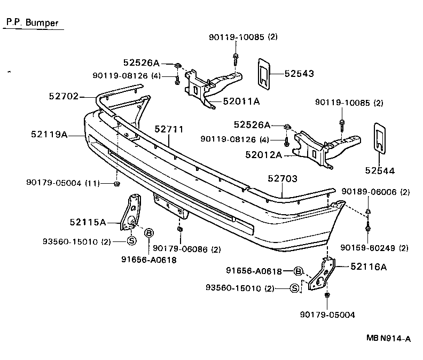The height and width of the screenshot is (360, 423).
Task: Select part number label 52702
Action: tap(63, 97)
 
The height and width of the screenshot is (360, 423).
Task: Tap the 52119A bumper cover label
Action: tap(49, 135)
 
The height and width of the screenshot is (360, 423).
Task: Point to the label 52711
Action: tap(169, 129)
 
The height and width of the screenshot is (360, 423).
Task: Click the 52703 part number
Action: tap(283, 179)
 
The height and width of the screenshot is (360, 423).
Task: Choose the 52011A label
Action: tap(241, 100)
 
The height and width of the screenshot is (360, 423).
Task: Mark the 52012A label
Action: tap(264, 155)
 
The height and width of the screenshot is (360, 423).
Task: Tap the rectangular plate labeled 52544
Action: tap(380, 138)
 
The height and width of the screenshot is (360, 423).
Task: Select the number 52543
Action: tap(299, 74)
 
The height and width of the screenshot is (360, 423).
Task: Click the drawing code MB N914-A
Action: tap(389, 338)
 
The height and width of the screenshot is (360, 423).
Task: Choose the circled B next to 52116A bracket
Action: tap(299, 271)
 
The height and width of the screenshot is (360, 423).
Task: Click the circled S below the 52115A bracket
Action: tap(131, 241)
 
